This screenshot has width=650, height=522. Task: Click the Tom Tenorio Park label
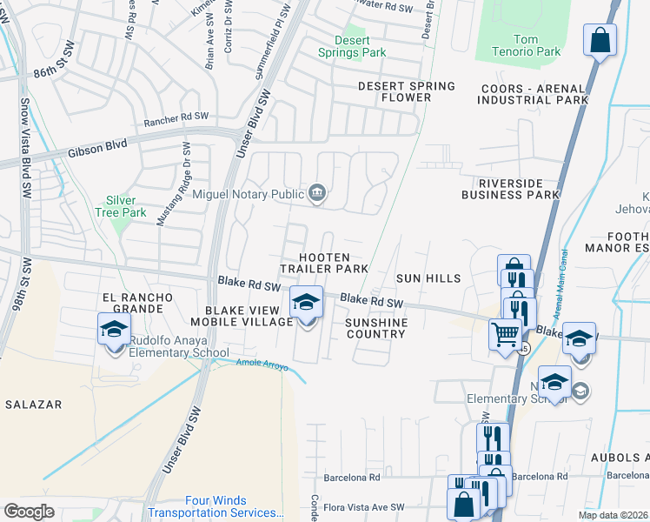(537, 45)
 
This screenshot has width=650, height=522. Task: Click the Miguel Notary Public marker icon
(317, 193)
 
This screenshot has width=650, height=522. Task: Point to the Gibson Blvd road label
(96, 148)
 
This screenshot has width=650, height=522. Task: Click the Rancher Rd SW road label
(177, 116)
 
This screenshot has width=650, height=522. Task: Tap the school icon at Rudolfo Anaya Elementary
(113, 330)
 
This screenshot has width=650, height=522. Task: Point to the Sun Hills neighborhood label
(427, 278)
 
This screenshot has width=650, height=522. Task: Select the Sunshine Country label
(376, 328)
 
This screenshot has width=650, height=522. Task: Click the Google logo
(29, 512)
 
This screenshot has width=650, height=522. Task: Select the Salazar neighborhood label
(31, 405)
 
